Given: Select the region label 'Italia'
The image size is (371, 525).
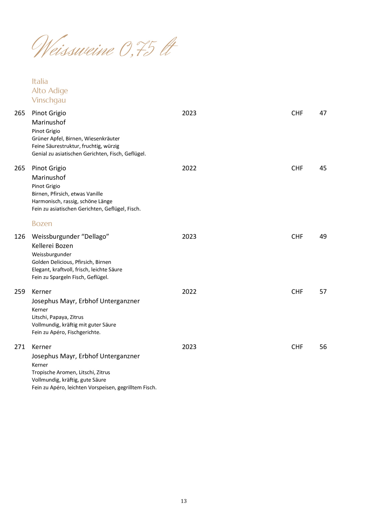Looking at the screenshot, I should pos(40,81).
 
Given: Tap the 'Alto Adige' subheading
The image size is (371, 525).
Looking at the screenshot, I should pos(50,91).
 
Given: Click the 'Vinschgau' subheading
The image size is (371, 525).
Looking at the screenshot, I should pos(49,100).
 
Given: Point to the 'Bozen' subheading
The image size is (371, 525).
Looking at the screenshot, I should pos(42,224).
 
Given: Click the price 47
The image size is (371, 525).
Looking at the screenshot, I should pos(323,113).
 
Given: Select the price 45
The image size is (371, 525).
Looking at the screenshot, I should pos(323,168).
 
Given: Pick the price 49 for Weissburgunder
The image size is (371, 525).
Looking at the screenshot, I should pos(323,236).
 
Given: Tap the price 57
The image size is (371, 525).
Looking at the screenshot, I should pos(323,292).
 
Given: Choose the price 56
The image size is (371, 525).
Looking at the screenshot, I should pos(323,347).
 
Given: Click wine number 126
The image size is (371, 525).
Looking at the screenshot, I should pos(20,236).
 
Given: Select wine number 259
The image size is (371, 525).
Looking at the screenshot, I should pos(20,292).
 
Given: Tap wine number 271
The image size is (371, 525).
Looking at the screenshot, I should pos(20,347).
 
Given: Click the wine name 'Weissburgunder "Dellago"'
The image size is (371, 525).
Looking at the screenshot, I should pos(70,236).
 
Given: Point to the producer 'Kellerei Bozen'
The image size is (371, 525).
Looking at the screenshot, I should pos(52,246).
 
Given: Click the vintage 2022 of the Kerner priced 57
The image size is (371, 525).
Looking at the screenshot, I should pos(189,292).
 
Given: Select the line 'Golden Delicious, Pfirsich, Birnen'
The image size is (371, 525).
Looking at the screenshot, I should pos(71,262).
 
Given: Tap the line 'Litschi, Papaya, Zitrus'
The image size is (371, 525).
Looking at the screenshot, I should pos(58,317).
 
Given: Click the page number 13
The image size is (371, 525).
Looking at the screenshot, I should pos(184,501).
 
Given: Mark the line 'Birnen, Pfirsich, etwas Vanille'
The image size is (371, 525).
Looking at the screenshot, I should pos(67,194).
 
